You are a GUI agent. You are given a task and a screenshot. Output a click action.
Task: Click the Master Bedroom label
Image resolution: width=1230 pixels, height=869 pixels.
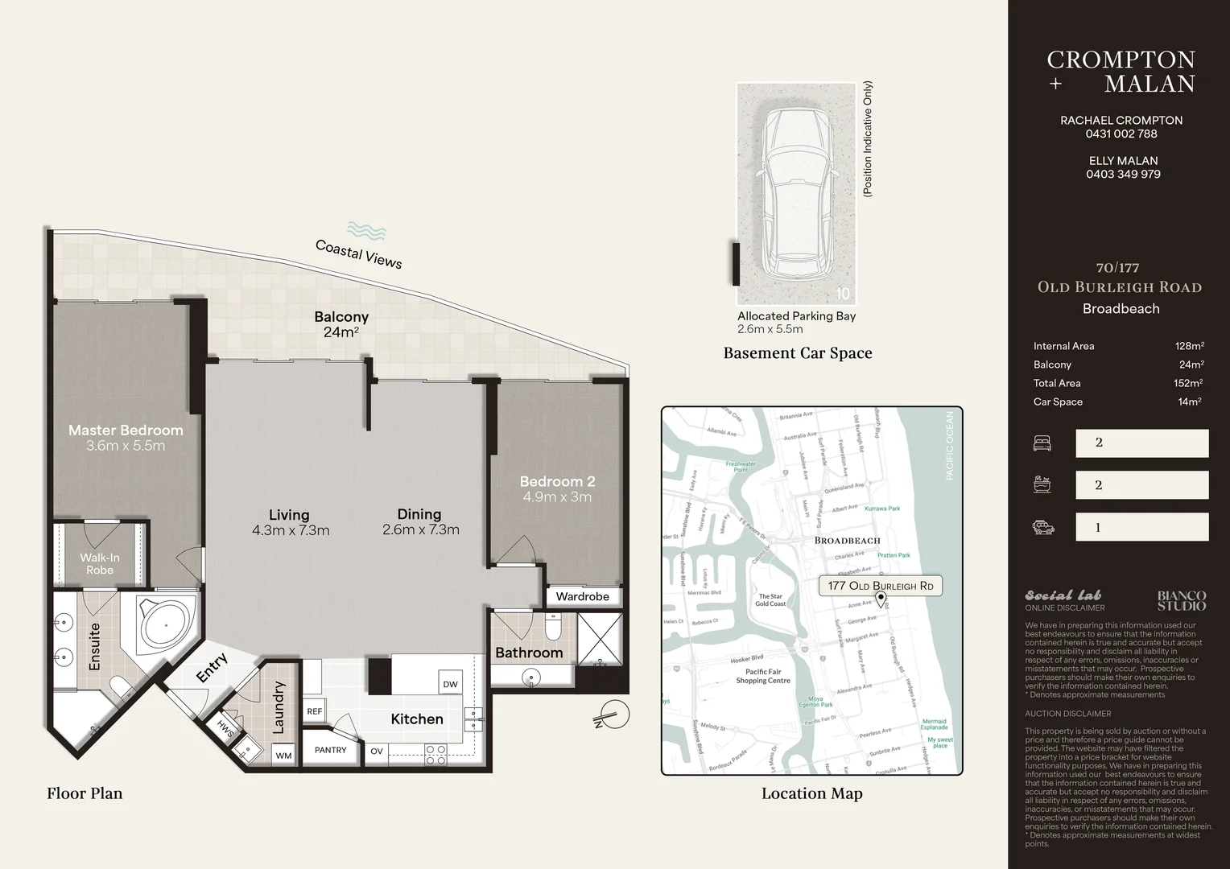click(x=126, y=430)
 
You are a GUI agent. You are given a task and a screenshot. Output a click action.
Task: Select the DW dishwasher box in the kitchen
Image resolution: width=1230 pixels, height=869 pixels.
click(x=450, y=684)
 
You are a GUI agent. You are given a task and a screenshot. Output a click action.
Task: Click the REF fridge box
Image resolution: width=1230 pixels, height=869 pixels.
click(x=314, y=711)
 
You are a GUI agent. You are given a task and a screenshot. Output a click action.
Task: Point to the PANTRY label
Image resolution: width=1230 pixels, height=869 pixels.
click(x=330, y=750)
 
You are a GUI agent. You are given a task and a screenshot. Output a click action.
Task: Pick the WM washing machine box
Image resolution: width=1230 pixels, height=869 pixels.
click(x=283, y=756)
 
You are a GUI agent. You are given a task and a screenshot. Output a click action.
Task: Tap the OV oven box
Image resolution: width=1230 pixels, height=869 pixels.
click(x=377, y=752)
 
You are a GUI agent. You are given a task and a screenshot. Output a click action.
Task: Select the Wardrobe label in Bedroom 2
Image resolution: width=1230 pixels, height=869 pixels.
click(x=582, y=596)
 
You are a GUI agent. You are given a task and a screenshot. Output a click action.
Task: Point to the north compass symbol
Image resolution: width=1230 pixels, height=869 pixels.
click(x=614, y=715)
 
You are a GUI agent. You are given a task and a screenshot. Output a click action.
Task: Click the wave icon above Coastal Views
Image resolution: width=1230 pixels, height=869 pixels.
click(x=366, y=232)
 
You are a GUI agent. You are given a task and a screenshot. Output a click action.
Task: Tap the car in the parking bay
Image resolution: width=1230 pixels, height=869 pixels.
click(x=796, y=193)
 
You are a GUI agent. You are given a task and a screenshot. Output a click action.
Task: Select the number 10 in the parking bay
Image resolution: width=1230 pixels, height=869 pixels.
click(x=842, y=294)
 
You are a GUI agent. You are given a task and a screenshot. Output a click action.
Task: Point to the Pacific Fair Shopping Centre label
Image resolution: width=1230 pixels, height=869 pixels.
click(x=762, y=676)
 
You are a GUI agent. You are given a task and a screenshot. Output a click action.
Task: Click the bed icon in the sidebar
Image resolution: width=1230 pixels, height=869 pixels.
click(x=1042, y=443)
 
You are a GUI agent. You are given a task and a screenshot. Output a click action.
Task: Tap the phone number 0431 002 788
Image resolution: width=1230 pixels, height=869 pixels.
click(x=1121, y=134)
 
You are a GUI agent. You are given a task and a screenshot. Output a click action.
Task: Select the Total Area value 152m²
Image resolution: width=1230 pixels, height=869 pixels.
click(x=1187, y=384)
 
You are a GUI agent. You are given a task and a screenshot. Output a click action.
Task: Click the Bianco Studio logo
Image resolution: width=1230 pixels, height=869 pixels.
click(x=1181, y=600)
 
